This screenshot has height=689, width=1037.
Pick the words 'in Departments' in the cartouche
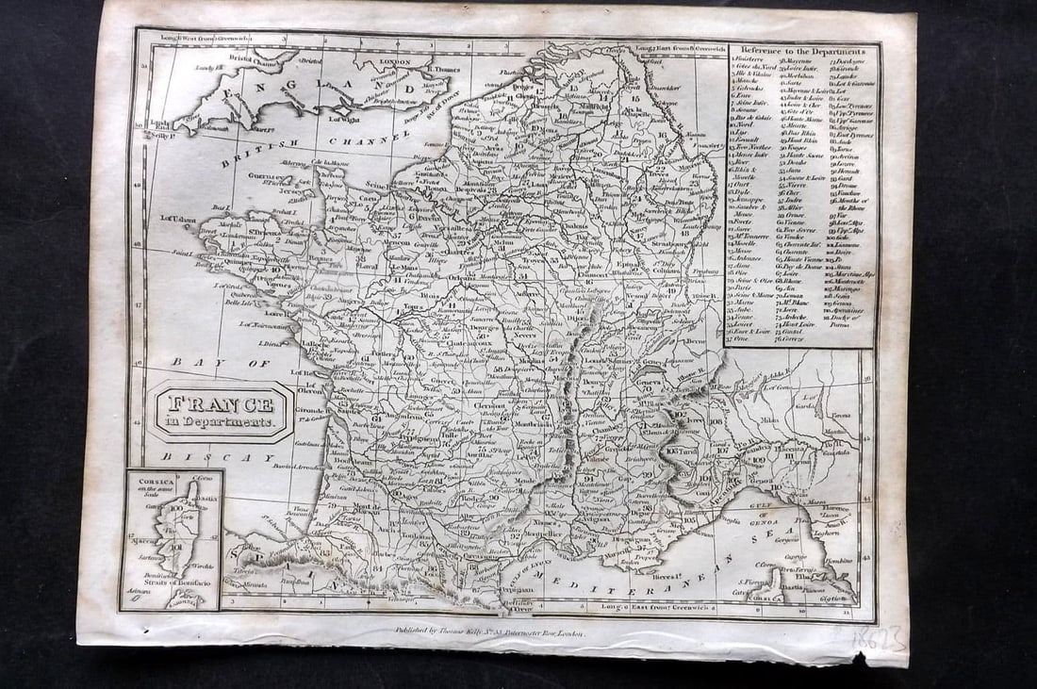[x=222, y=423]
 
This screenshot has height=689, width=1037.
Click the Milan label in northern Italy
[x=767, y=421]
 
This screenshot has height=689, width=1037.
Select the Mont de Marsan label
[x=366, y=506]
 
